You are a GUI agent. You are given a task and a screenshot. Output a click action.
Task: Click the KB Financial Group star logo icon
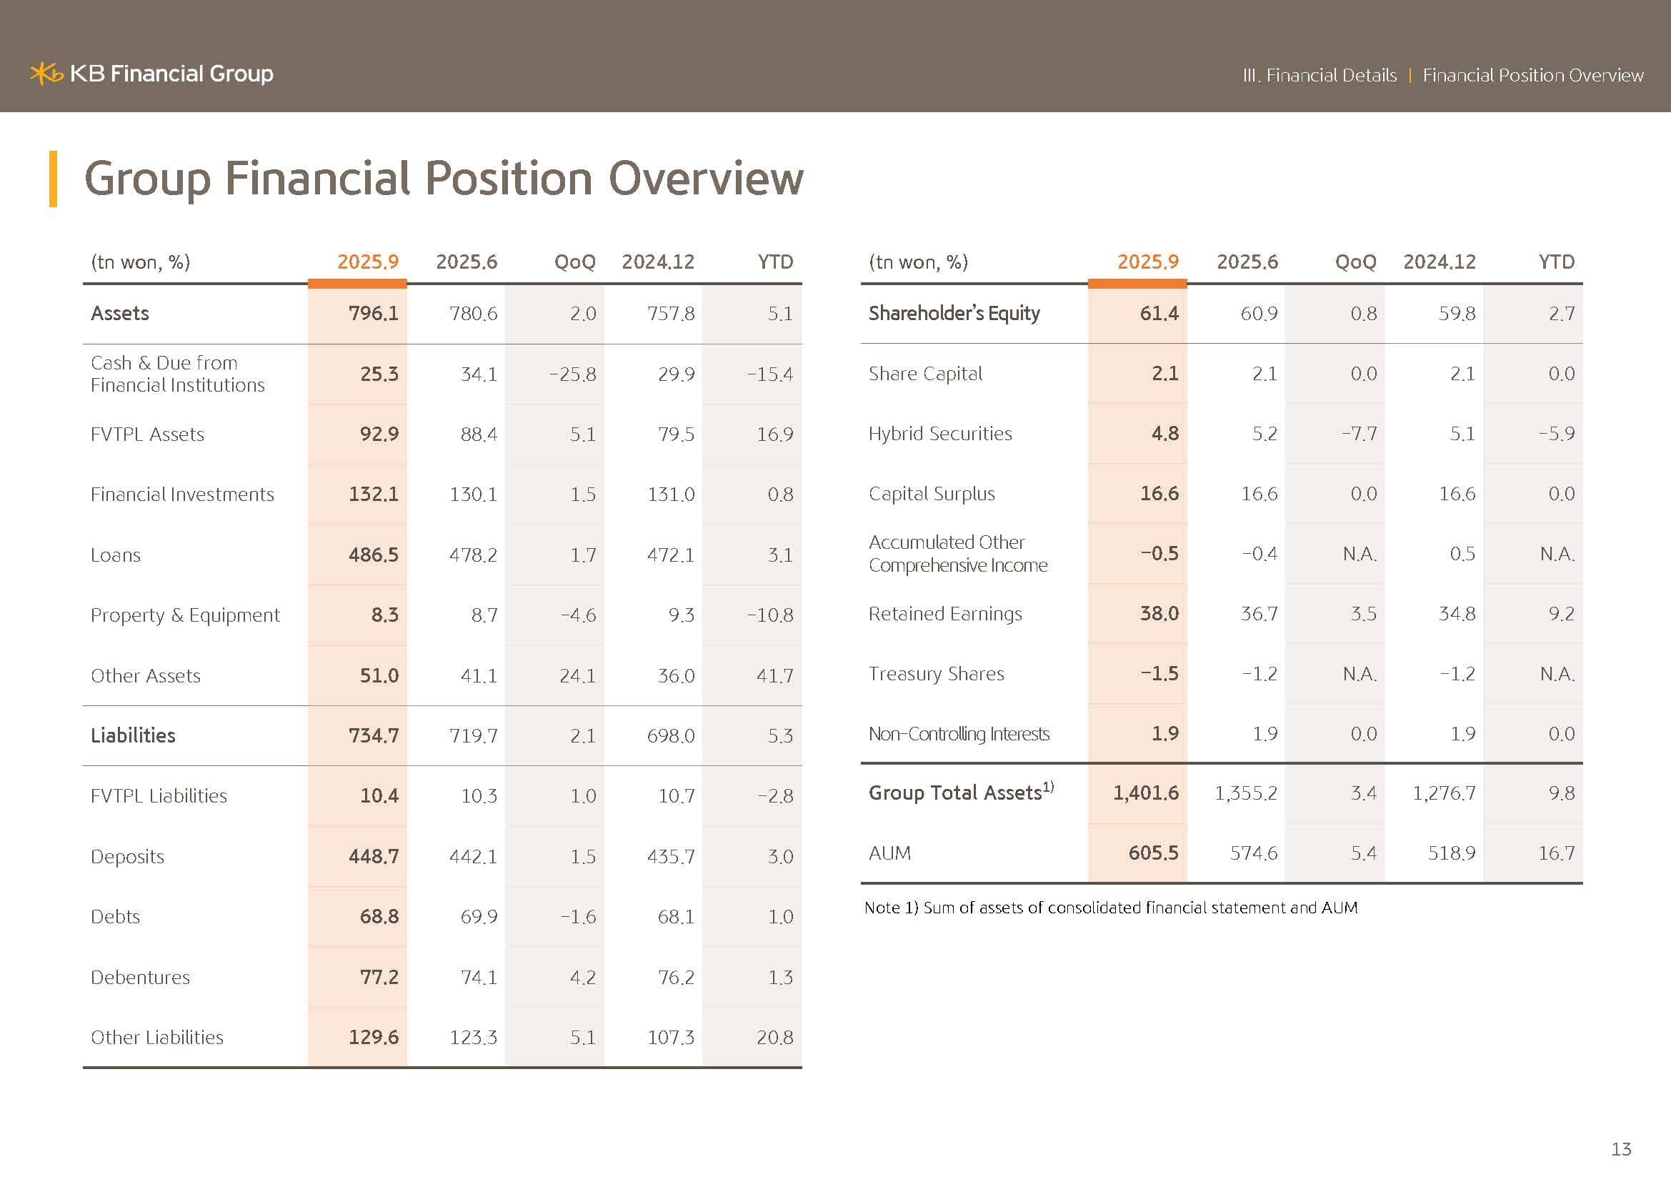[46, 74]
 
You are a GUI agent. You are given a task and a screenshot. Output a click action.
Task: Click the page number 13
[1621, 1148]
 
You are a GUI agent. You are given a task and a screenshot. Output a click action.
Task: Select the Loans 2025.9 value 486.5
[374, 555]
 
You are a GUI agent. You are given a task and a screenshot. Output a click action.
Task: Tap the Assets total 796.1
[374, 313]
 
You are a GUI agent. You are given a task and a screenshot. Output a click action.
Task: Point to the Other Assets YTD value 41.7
[774, 675]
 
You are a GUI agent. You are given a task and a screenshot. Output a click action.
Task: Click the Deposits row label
[127, 856]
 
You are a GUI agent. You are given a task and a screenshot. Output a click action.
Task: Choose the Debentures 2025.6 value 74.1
[478, 977]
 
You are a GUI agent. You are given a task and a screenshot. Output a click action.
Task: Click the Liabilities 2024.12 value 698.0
[670, 736]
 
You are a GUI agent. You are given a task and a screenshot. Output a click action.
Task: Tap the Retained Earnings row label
[944, 614]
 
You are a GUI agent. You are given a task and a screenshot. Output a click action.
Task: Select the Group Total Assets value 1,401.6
[1145, 793]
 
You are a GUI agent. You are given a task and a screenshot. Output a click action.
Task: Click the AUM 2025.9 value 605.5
[1153, 853]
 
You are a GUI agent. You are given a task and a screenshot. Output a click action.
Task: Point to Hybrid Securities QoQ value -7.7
[1359, 434]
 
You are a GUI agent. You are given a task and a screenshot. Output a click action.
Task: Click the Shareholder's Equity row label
[954, 313]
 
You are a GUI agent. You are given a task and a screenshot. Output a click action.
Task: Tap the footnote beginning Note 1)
[1110, 908]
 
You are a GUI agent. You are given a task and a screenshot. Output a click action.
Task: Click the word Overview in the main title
[705, 179]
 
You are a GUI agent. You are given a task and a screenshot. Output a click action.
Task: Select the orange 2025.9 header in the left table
[367, 262]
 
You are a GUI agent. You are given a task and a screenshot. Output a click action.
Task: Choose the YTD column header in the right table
[1556, 262]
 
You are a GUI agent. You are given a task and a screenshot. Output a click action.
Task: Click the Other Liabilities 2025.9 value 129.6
[374, 1037]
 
